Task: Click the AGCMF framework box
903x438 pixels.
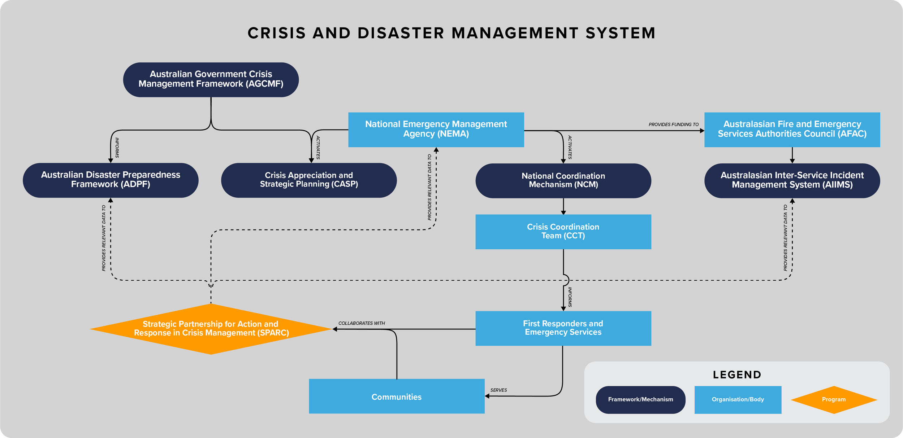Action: coord(211,80)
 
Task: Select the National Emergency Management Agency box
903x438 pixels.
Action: coord(436,130)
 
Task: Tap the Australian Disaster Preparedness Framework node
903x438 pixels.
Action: coord(111,180)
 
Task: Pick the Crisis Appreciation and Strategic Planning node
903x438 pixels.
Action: coord(309,180)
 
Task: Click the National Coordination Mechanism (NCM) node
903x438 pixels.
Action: coord(563,181)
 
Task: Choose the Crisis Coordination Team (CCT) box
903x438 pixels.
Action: coord(563,232)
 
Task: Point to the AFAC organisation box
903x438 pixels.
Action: coord(792,130)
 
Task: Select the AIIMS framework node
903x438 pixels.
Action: coord(792,181)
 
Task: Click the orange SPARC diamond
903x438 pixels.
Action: coord(211,329)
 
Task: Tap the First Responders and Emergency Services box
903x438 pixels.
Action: coord(563,328)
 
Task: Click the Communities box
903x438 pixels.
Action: coord(397,396)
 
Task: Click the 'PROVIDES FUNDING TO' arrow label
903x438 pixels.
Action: coord(674,124)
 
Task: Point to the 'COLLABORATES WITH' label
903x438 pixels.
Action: coord(362,323)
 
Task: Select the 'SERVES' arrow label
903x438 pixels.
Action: coord(498,390)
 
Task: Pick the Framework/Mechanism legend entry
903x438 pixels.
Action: coord(640,400)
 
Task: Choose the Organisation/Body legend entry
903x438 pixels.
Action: coord(738,400)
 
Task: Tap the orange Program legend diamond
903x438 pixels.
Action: coord(834,400)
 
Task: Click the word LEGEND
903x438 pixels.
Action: coord(737,375)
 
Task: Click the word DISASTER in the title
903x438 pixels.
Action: coord(401,33)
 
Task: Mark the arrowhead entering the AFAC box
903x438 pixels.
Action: coord(702,131)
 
